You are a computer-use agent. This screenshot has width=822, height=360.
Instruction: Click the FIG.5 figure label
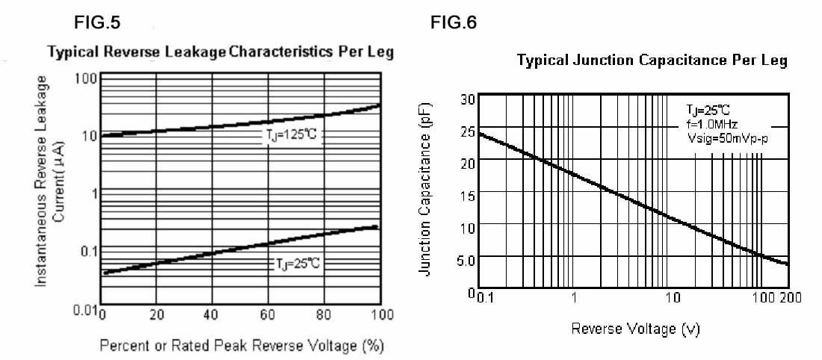click(x=96, y=22)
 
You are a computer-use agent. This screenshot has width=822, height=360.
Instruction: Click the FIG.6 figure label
click(x=454, y=22)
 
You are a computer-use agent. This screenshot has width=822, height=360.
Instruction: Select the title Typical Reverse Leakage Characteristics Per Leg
click(x=220, y=53)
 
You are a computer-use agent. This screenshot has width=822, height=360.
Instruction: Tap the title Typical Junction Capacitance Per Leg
click(x=652, y=60)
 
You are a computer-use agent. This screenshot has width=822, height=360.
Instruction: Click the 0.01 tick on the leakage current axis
click(x=84, y=309)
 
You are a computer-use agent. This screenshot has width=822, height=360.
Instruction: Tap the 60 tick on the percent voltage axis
click(x=268, y=315)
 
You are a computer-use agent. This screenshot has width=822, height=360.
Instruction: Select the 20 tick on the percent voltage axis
click(x=156, y=315)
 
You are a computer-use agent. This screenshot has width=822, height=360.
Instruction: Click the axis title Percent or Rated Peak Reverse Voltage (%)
click(x=242, y=347)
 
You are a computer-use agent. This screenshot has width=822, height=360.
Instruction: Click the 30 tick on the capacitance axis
click(x=467, y=99)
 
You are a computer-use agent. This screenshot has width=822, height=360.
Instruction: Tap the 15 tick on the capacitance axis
click(x=467, y=196)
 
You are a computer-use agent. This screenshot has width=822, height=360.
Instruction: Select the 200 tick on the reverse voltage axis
click(x=790, y=297)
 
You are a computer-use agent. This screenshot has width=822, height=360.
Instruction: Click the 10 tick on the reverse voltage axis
click(x=673, y=297)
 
